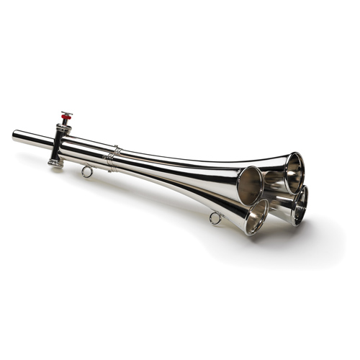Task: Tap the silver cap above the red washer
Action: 66,113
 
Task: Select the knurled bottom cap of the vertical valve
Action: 55,163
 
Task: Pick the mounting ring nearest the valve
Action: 87,171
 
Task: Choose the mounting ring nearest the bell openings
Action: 215,218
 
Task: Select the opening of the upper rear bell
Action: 294,172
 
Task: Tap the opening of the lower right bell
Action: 300,204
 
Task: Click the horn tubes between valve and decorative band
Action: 86,149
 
